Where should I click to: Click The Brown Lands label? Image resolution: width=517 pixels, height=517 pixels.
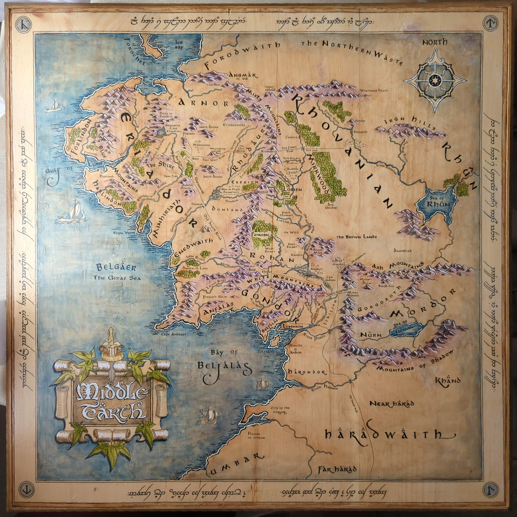(x=357, y=237)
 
